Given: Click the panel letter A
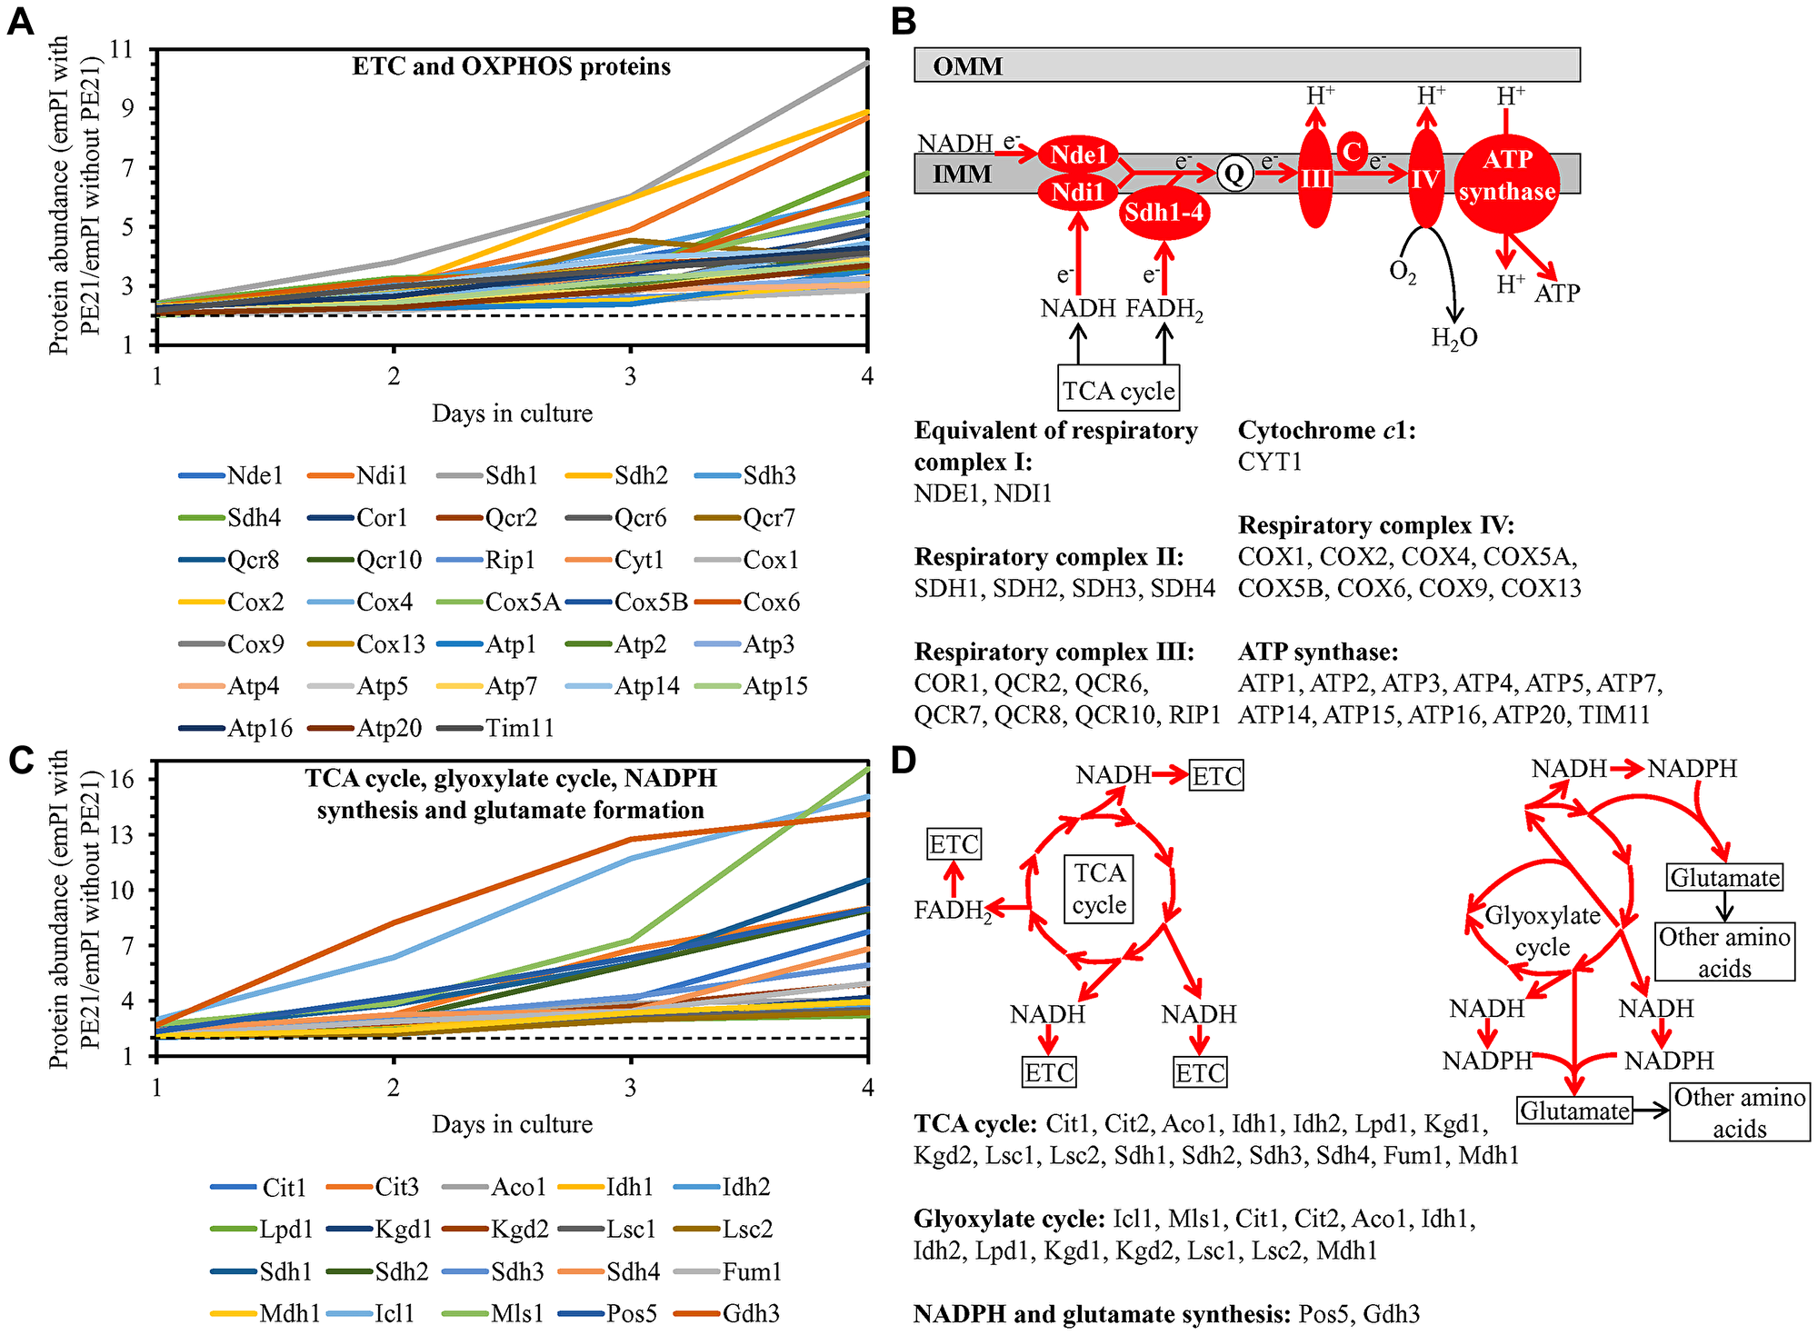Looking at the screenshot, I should point(20,20).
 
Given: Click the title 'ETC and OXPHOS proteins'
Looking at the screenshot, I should point(511,66).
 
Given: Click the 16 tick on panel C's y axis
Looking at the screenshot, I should point(122,779).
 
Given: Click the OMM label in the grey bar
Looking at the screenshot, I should point(967,66).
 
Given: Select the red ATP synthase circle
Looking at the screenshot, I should point(1506,175).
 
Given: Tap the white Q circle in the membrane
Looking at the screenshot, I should point(1234,173).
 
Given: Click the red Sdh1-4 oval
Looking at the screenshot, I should point(1164,213).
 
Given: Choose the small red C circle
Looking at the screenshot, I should point(1353,152).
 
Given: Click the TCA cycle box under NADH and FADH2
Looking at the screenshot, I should point(1118,390).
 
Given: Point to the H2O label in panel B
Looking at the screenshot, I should point(1453,338).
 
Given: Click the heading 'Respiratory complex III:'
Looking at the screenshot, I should point(1054,652).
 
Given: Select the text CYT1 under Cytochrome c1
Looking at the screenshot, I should point(1269,462).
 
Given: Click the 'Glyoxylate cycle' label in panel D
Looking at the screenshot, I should point(1542,931).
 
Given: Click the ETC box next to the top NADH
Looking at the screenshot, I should point(1216,776).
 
